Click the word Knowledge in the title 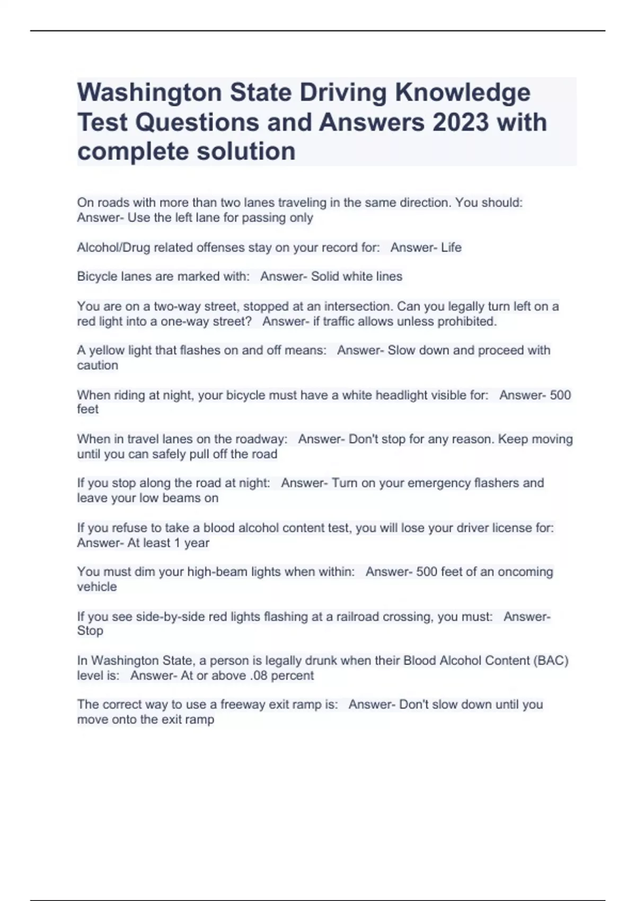coord(462,93)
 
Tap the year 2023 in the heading coord(460,122)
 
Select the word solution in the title coord(245,152)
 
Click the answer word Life coord(451,248)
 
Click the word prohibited coord(467,322)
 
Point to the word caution coord(98,366)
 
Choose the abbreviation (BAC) coord(551,661)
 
